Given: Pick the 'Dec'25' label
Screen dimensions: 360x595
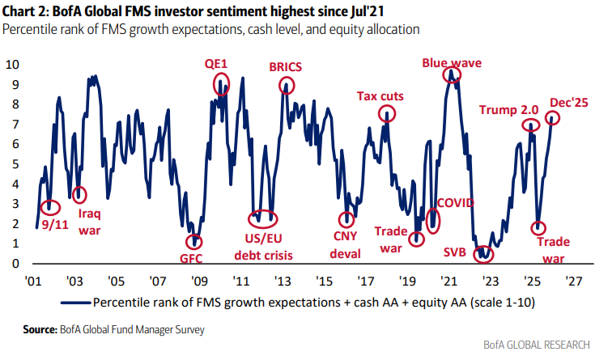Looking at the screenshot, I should tap(567, 102).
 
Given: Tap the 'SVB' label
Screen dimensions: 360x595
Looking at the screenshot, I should tap(456, 251).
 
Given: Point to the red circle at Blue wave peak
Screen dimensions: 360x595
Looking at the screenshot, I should tap(452, 74).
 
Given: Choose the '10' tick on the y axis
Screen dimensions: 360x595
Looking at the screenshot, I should tap(11, 63).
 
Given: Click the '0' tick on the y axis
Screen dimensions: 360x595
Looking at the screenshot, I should tap(15, 264).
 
